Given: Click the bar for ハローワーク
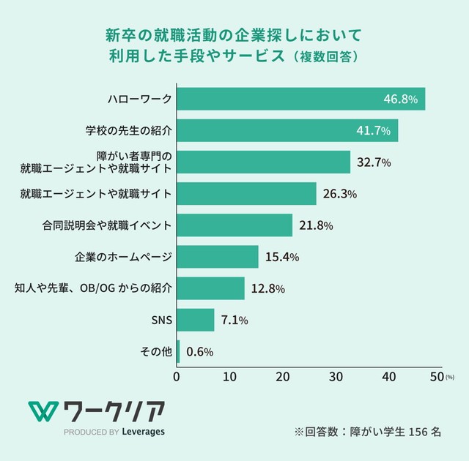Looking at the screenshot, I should [300, 99].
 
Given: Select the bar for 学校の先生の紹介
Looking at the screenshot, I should [287, 131].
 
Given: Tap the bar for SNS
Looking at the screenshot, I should [195, 320].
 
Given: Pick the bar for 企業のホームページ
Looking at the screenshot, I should [217, 257].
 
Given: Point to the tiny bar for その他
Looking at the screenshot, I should [178, 351].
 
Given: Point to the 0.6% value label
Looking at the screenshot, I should [199, 352].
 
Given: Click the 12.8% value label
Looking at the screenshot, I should [267, 288].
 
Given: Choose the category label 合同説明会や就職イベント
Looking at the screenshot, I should [108, 225].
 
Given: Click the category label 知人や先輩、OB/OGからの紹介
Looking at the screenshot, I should [94, 288].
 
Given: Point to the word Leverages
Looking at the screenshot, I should [144, 431].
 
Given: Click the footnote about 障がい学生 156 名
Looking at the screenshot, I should [367, 431].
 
